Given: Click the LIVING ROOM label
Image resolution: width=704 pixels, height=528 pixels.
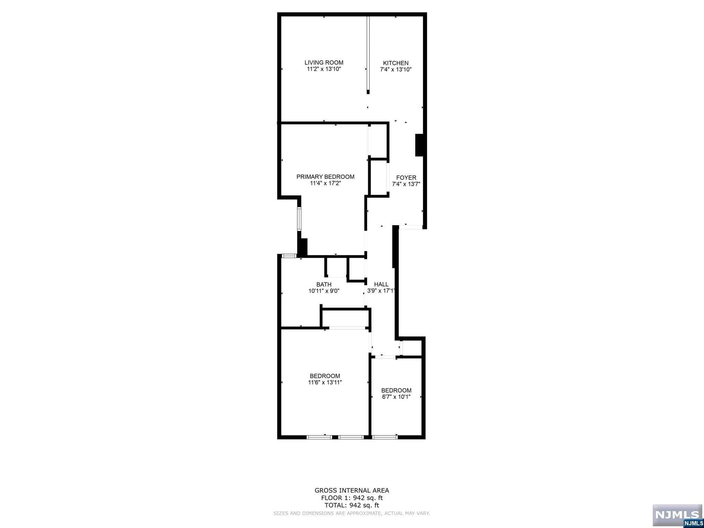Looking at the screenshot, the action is tap(324, 63).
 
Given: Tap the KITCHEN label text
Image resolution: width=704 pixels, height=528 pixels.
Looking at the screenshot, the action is tap(396, 63).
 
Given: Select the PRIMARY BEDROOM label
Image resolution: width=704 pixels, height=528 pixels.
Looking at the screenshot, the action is tap(325, 177).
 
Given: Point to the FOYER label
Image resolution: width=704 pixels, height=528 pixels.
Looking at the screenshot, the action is tap(406, 178).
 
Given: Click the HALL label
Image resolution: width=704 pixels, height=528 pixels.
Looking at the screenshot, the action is tap(381, 284).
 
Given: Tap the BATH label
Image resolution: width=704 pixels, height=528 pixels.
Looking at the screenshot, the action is tap(324, 284).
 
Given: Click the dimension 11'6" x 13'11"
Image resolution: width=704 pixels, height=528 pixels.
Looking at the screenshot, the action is tap(325, 382).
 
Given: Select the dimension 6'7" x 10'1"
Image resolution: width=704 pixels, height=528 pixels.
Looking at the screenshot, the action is tap(396, 397).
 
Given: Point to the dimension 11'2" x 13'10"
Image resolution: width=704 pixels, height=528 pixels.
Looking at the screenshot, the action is tap(324, 69).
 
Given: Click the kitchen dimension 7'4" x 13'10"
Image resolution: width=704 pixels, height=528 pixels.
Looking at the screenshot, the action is tap(396, 69).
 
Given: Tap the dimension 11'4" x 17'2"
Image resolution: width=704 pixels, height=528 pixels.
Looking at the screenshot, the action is tap(325, 183).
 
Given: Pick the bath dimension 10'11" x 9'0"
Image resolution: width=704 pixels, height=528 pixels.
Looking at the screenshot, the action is tap(324, 291).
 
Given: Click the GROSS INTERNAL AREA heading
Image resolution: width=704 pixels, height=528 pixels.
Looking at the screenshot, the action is tap(352, 491).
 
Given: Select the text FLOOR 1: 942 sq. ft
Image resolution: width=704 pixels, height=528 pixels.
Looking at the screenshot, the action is tap(352, 498).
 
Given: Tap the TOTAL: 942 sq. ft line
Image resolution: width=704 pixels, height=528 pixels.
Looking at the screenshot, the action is tap(352, 505).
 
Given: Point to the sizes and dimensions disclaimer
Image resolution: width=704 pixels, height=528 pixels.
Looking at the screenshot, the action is tap(352, 513).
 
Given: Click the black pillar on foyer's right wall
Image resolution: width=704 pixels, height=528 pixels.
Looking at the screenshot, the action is tap(419, 145).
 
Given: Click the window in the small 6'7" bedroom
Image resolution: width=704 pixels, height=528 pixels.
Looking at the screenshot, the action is tap(384, 437).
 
